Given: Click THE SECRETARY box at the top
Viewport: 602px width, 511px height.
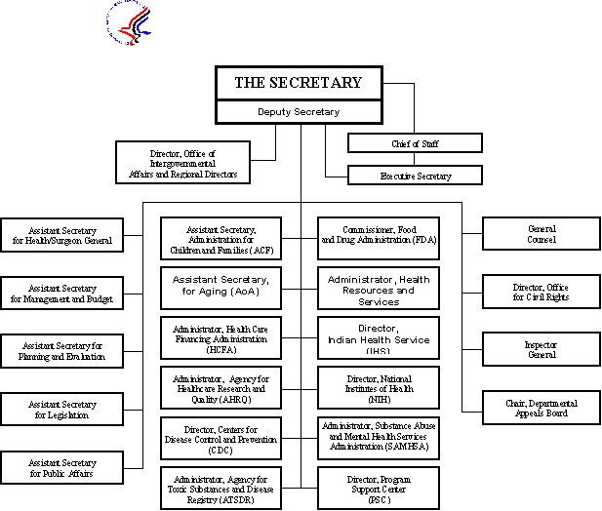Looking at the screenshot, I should (298, 83).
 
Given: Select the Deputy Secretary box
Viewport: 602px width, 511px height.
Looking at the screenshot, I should (298, 112).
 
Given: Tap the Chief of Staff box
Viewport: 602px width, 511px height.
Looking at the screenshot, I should (415, 143).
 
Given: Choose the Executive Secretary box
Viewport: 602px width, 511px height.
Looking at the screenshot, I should (415, 176).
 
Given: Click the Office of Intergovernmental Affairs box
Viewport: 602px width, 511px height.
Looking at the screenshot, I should (182, 162).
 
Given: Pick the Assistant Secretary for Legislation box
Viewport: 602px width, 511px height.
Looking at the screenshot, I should (62, 409).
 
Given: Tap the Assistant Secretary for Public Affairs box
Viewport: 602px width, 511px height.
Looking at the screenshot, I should (62, 468).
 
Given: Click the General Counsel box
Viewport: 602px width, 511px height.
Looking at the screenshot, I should (542, 234).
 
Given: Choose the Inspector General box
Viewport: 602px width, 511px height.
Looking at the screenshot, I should (542, 349).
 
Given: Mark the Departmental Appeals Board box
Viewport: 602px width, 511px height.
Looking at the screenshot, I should (542, 408).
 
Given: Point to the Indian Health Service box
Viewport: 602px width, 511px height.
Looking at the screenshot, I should (378, 337).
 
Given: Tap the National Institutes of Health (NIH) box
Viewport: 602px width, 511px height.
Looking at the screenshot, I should (378, 387).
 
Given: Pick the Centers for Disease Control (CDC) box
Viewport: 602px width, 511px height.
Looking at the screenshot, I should (221, 438).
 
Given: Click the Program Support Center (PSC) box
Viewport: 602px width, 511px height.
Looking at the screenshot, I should (378, 488).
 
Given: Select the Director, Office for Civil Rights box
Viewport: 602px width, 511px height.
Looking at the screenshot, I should (542, 293).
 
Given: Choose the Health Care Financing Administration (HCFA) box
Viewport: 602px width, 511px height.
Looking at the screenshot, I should (221, 337).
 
